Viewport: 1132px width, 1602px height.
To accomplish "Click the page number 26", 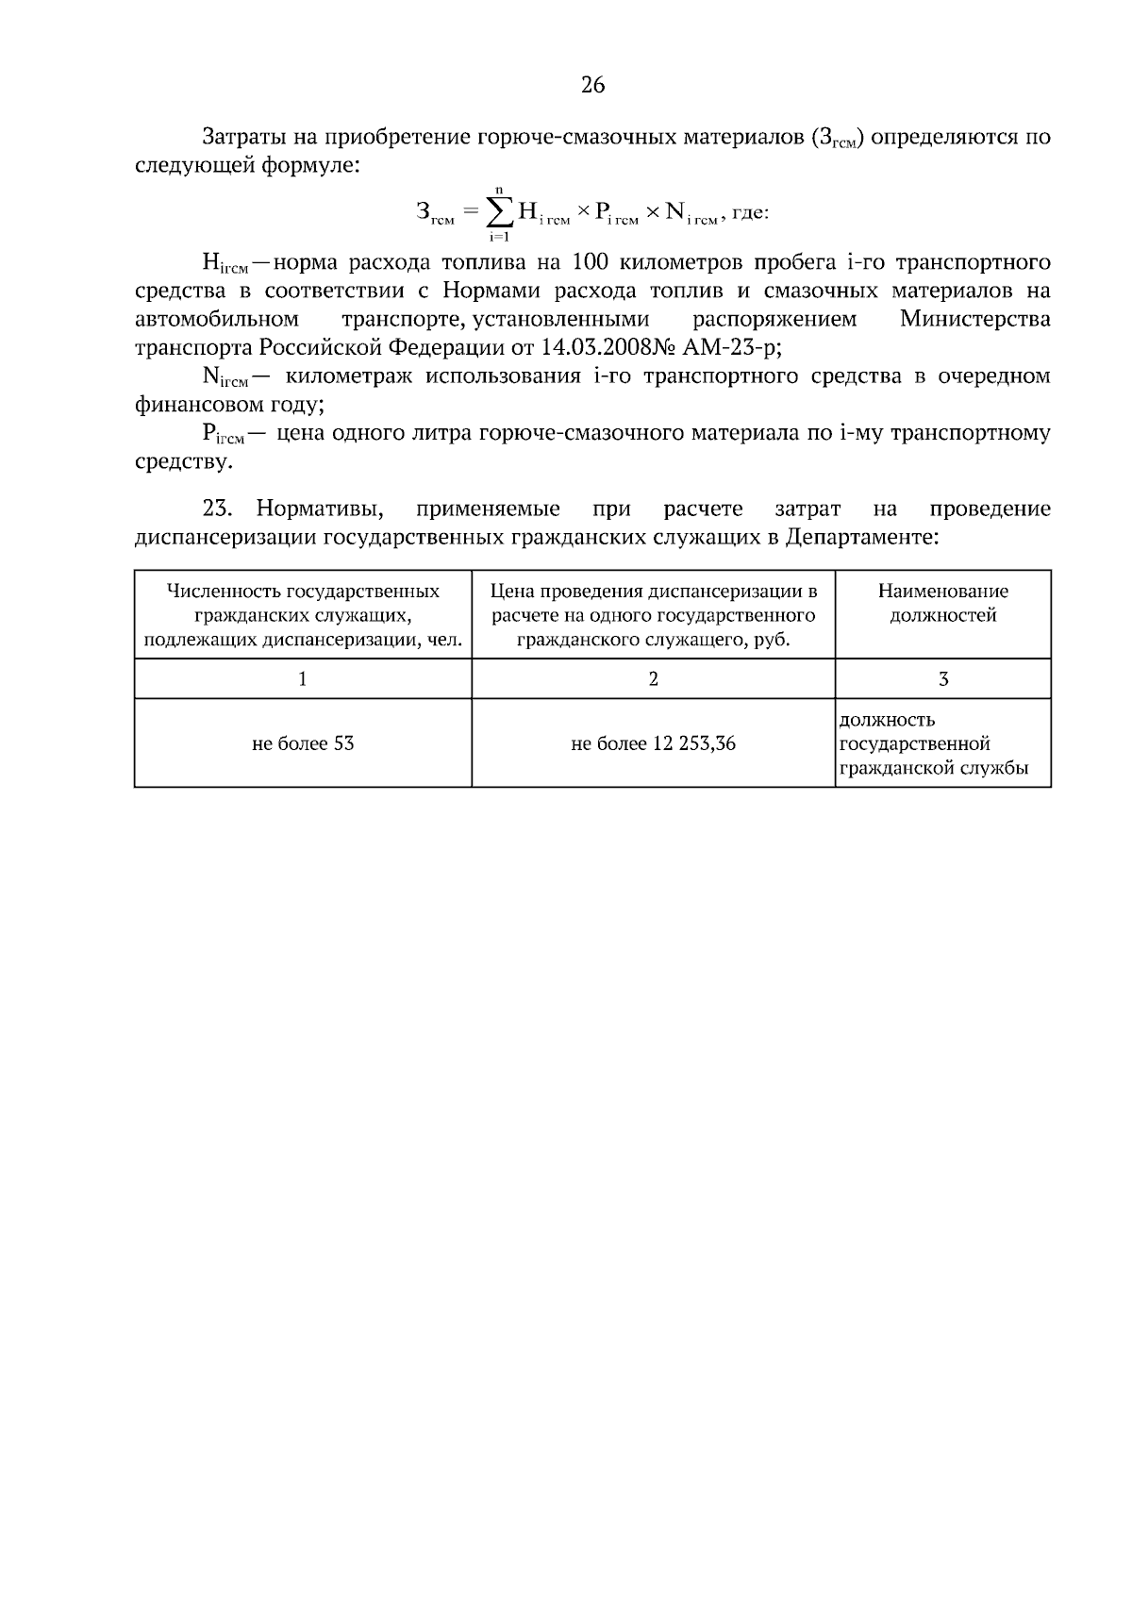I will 592,86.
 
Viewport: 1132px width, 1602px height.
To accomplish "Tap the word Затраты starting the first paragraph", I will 242,138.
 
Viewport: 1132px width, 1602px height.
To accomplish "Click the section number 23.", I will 217,509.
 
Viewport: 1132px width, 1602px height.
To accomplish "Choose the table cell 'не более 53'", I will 303,743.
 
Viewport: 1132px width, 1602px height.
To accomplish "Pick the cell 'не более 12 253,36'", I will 653,743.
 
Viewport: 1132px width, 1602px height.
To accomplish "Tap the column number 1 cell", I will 303,678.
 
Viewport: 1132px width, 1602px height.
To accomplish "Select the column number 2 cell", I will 653,678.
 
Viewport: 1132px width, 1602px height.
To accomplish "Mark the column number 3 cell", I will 943,678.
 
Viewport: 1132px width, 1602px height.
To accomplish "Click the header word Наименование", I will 943,592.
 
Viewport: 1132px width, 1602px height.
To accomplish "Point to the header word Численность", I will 223,592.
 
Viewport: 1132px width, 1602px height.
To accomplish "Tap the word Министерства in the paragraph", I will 974,319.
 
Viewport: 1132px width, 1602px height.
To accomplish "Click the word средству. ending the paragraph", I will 182,462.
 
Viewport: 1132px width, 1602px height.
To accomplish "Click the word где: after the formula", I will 751,213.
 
